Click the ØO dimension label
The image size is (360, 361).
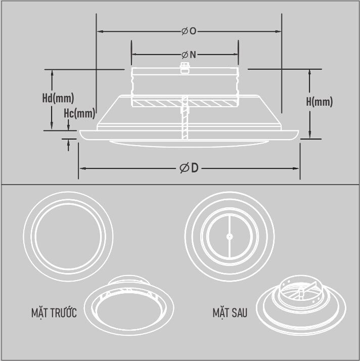pyautogui.click(x=189, y=31)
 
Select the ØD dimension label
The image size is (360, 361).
pyautogui.click(x=189, y=168)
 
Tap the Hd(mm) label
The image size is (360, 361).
pyautogui.click(x=58, y=98)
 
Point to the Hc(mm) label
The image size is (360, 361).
pyautogui.click(x=79, y=113)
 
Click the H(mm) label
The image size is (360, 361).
pyautogui.click(x=319, y=102)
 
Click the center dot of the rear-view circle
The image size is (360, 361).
pyautogui.click(x=229, y=235)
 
